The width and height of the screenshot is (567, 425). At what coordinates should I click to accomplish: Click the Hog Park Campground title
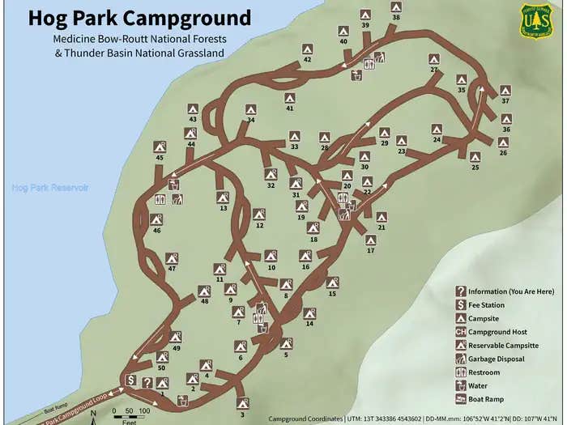(x=139, y=18)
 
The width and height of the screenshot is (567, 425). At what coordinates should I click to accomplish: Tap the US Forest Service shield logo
(x=536, y=20)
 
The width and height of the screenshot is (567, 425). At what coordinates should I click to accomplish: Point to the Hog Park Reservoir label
(x=49, y=187)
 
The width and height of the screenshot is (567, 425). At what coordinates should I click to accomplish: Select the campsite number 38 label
(x=396, y=17)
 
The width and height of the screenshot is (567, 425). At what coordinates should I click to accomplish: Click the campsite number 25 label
(x=475, y=168)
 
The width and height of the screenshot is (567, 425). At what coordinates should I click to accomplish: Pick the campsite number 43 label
(x=193, y=119)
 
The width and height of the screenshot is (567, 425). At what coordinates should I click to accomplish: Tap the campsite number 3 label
(x=242, y=414)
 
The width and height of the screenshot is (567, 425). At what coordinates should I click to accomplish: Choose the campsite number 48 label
(x=204, y=301)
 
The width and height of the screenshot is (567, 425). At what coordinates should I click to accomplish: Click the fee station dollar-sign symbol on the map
(x=130, y=379)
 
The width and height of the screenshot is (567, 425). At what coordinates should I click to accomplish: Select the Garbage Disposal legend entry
(x=496, y=359)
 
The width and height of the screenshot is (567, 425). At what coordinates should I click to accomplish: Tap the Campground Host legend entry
(x=497, y=332)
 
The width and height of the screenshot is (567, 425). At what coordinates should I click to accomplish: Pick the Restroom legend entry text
(x=484, y=372)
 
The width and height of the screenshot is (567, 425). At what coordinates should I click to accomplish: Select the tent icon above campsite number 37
(x=505, y=91)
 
